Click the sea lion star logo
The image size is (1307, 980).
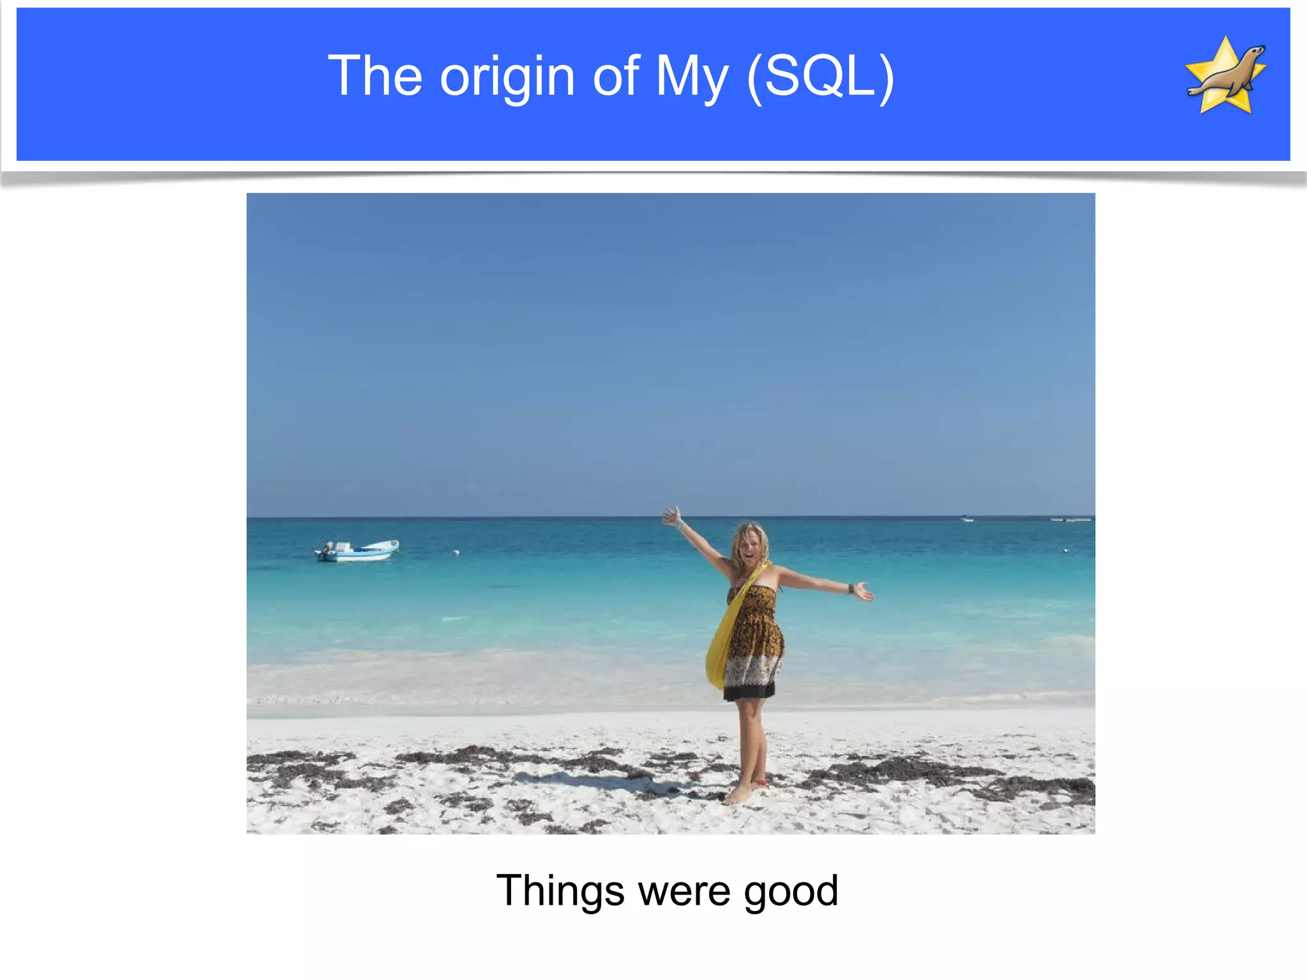pos(1225,75)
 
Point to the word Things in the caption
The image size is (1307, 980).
pos(560,891)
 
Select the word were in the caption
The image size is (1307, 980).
pos(683,892)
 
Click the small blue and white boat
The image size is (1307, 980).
pos(357,551)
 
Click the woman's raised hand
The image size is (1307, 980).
pos(672,516)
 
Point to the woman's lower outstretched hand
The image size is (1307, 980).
pos(864,591)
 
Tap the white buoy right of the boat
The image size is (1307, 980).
pos(456,551)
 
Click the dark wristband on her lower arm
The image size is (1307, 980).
pos(851,588)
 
